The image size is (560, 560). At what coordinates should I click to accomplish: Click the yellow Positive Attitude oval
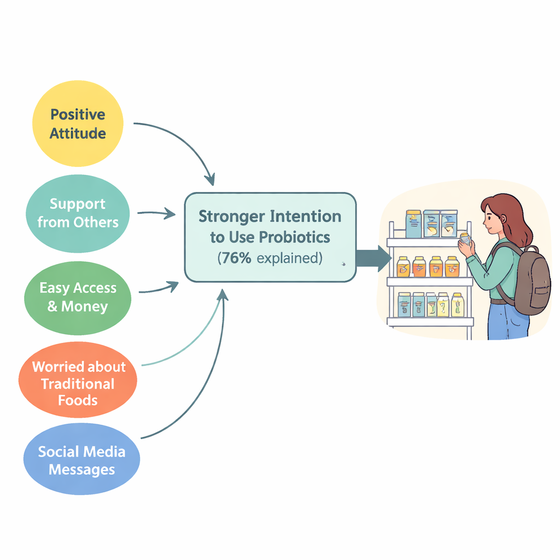point(78,123)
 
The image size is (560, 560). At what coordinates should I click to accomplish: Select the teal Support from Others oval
point(78,213)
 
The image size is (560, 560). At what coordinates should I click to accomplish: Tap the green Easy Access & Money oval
point(78,297)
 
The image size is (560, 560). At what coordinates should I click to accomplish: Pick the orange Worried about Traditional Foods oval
point(78,383)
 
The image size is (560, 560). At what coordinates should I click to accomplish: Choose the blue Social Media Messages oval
point(82,460)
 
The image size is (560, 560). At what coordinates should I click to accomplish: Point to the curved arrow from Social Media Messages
point(208,383)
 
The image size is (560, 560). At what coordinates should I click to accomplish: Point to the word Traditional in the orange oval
point(78,383)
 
